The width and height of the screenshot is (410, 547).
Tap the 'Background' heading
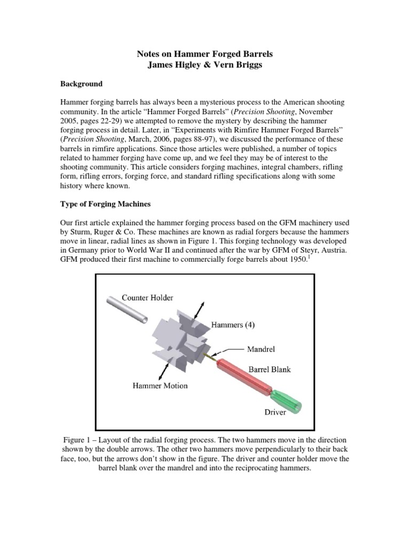pos(81,84)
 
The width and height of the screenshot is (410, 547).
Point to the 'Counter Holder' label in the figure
pos(147,298)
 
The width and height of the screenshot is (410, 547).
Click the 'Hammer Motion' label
pos(160,385)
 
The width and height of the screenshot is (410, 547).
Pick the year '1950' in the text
pos(296,260)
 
